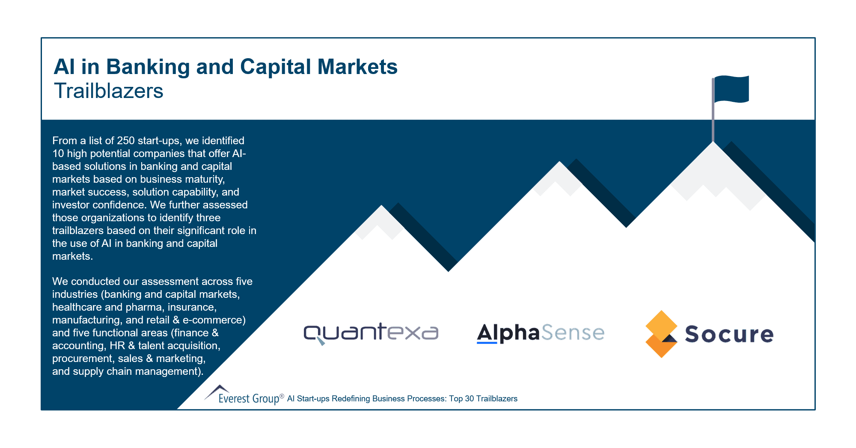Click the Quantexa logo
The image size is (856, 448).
coord(371,333)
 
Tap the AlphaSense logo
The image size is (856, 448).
coord(540,333)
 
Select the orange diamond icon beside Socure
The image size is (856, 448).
coord(661,334)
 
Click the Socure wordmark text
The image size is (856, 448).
coord(729,334)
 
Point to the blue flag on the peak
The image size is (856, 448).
coord(732,89)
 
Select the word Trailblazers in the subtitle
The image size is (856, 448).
coord(109,91)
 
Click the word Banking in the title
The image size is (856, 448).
coord(148,67)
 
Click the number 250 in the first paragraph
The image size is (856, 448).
coord(126,141)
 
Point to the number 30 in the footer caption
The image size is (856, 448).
coord(469,399)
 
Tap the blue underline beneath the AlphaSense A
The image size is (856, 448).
coord(487,343)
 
